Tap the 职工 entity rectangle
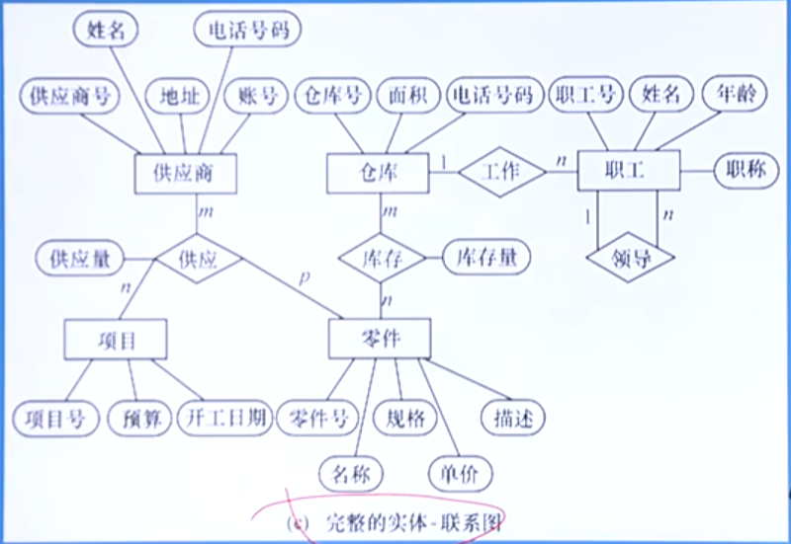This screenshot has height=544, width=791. pyautogui.click(x=627, y=170)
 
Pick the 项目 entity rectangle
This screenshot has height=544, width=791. pyautogui.click(x=115, y=339)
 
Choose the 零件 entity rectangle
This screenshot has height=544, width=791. pyautogui.click(x=379, y=338)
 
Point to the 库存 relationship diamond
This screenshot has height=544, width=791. pyautogui.click(x=382, y=259)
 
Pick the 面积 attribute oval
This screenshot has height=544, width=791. pyautogui.click(x=404, y=96)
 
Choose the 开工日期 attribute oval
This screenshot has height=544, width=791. pyautogui.click(x=225, y=419)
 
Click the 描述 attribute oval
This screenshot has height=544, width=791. pyautogui.click(x=512, y=419)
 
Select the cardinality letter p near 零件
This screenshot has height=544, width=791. pyautogui.click(x=304, y=279)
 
